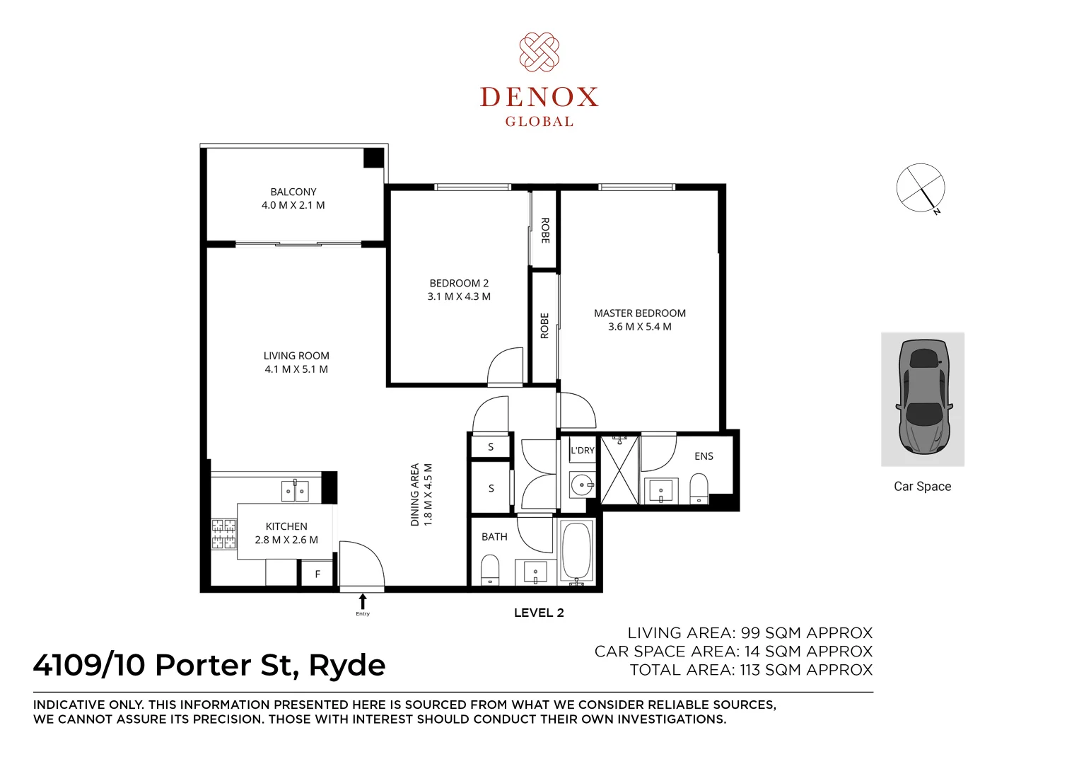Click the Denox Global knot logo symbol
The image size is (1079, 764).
pos(539,52)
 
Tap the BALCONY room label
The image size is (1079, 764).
pos(293,192)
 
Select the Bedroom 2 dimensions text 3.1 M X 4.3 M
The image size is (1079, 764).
pos(459,296)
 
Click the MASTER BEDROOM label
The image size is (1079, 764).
pos(639,313)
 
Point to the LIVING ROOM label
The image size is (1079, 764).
pos(296,356)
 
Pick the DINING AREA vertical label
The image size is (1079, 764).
pos(415,494)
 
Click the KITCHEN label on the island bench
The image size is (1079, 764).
pos(286,526)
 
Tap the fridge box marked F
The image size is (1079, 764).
pos(317,574)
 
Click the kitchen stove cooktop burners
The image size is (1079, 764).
pos(223,534)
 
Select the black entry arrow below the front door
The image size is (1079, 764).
pos(363,602)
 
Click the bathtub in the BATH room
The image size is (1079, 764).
pos(577,551)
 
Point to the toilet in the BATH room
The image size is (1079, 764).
pos(490,569)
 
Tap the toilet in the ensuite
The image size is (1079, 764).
pos(699,488)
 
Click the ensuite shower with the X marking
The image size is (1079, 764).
pos(619,470)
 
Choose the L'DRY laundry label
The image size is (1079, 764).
pos(583,450)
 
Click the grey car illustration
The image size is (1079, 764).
pos(922,398)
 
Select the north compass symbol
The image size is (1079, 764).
pos(921,188)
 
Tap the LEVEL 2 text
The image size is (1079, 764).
pos(539,613)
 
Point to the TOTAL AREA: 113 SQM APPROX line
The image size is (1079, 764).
pos(751,670)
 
